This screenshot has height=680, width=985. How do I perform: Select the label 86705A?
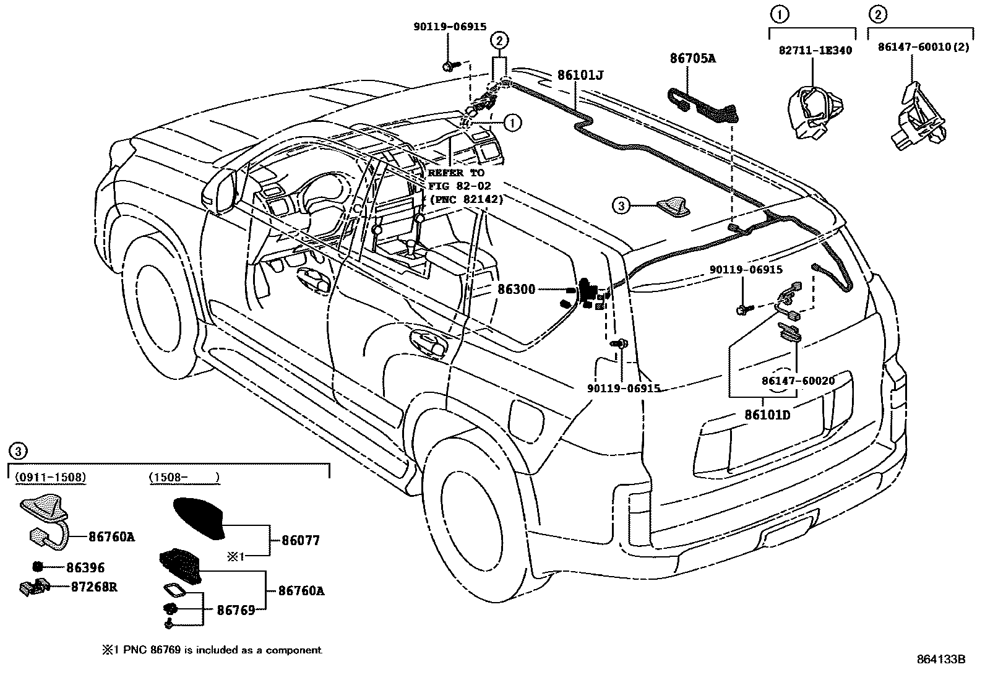click(692, 59)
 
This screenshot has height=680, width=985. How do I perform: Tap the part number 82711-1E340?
click(815, 50)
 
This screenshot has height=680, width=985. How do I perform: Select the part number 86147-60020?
click(798, 381)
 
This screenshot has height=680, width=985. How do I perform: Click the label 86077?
click(301, 540)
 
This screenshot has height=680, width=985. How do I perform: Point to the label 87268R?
click(94, 586)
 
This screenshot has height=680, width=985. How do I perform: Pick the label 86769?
click(236, 610)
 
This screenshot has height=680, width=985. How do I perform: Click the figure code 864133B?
click(940, 659)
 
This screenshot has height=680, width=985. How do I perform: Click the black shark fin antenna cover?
click(201, 519)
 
